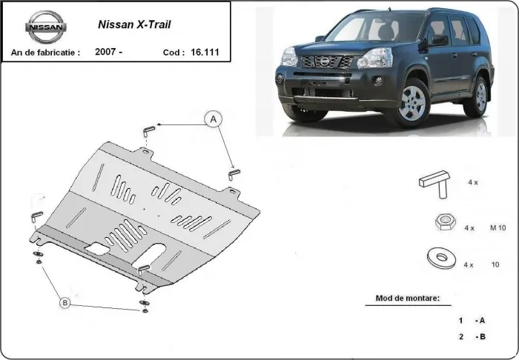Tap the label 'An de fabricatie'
44,53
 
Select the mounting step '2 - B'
472,337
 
